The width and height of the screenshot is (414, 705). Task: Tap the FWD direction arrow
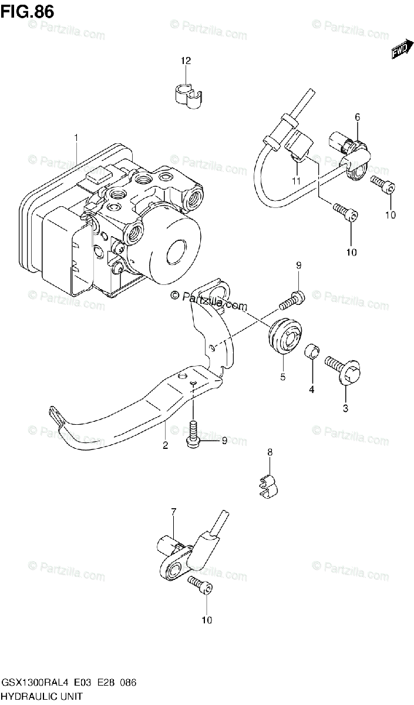pos(399,53)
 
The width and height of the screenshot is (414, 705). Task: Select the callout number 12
pos(186,61)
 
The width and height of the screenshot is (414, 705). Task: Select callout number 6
pos(356,117)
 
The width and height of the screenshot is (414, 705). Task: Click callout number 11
pos(297,180)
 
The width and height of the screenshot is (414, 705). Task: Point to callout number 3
pos(345,408)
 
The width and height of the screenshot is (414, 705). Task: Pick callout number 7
pos(174,513)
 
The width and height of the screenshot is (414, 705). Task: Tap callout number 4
pos(312,389)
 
